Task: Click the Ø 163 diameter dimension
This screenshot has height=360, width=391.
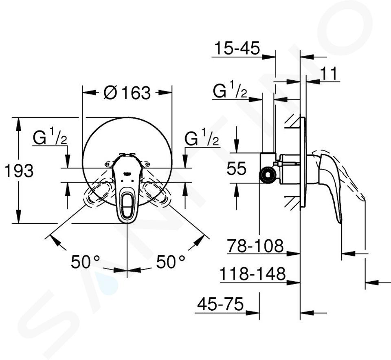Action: pyautogui.click(x=127, y=93)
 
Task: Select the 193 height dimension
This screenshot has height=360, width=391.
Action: pyautogui.click(x=19, y=171)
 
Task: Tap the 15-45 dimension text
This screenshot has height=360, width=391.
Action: pyautogui.click(x=237, y=48)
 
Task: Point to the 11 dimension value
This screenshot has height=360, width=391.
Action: pyautogui.click(x=328, y=73)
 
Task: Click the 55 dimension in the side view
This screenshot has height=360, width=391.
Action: pyautogui.click(x=236, y=168)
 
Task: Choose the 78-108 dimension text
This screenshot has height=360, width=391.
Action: pyautogui.click(x=255, y=246)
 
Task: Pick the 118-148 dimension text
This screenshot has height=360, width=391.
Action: pyautogui.click(x=252, y=274)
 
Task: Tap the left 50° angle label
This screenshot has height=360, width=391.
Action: pyautogui.click(x=85, y=262)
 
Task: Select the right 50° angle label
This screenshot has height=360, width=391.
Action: pyautogui.click(x=171, y=262)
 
